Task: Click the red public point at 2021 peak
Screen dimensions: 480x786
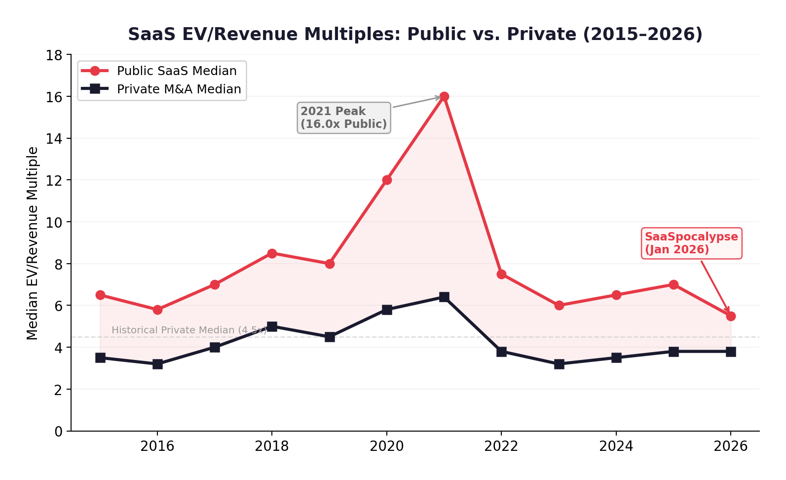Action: click(444, 96)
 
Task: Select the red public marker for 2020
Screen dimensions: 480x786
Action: click(387, 180)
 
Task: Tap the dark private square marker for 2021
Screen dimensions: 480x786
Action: click(444, 297)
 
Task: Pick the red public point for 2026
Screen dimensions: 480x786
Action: click(731, 316)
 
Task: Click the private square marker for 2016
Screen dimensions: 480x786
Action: click(157, 364)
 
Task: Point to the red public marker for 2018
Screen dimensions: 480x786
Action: click(272, 253)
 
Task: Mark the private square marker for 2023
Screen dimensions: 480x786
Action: click(559, 364)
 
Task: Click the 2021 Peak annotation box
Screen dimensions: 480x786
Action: click(344, 118)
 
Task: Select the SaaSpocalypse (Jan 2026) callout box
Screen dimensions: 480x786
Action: click(691, 243)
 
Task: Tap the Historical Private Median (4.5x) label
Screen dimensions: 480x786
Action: click(189, 330)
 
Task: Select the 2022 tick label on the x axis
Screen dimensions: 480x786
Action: click(501, 446)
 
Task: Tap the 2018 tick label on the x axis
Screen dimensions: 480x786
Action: click(272, 446)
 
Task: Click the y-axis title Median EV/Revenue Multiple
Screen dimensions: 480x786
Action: click(33, 243)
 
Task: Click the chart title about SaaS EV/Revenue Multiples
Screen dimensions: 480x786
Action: click(415, 34)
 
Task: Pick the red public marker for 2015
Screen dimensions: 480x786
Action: click(100, 295)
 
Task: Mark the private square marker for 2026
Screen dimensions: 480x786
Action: click(731, 352)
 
